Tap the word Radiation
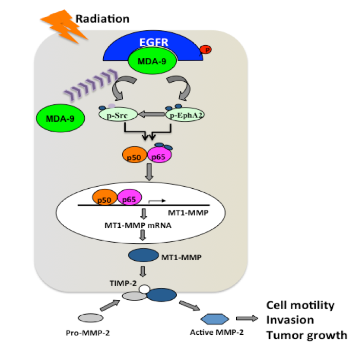tap(103, 19)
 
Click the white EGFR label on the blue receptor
tap(154, 42)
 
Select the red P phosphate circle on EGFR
tap(205, 49)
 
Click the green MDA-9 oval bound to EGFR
tap(153, 61)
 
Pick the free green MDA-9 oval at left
tap(61, 118)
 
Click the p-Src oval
tap(118, 115)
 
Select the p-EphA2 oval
tap(185, 115)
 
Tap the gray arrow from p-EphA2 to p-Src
tap(151, 114)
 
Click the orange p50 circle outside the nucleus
tap(135, 155)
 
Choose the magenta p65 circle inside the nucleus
tap(129, 197)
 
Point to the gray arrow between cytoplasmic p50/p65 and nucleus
tap(149, 172)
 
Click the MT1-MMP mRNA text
tap(138, 225)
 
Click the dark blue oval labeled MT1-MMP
tap(143, 255)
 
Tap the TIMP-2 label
tap(123, 283)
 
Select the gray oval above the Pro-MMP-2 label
tap(91, 318)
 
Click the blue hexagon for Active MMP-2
tap(215, 319)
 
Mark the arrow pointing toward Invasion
tap(247, 318)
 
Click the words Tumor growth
tap(307, 335)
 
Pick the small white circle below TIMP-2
tap(144, 289)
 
